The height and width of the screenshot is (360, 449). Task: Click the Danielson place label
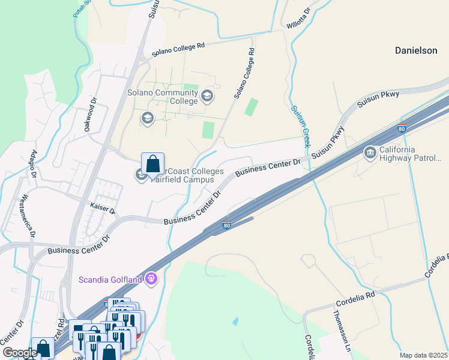point(416,51)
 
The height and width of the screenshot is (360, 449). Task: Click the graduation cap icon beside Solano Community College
point(207,95)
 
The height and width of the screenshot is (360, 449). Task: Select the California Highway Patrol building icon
point(370,154)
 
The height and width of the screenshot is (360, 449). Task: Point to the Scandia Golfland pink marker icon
point(151,279)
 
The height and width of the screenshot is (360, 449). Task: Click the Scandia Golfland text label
point(110,280)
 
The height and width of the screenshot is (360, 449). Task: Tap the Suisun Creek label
point(300,127)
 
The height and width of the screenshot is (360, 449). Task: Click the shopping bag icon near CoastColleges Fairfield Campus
point(152,164)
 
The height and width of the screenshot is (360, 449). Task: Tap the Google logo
point(20,353)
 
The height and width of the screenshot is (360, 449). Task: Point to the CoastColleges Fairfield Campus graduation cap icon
point(141,175)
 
